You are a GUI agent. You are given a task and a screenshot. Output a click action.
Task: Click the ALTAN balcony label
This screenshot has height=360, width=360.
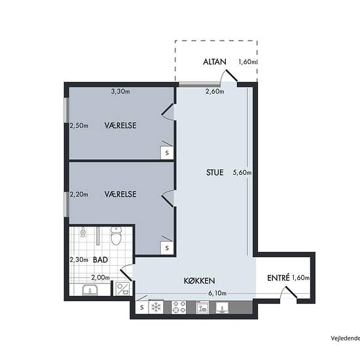click(x=215, y=62)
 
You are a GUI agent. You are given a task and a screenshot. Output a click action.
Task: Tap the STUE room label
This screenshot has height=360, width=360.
click(x=215, y=172)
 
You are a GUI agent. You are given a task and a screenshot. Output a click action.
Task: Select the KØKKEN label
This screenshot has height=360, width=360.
click(x=199, y=281)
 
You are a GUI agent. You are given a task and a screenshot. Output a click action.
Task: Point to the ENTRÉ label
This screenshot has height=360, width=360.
click(x=278, y=278)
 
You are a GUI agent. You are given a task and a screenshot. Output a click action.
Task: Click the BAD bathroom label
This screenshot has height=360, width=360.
click(x=100, y=260)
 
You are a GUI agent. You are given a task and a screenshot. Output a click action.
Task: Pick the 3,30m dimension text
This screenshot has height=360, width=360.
click(x=120, y=92)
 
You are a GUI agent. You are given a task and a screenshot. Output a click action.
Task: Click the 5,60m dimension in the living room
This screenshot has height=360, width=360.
click(x=242, y=172)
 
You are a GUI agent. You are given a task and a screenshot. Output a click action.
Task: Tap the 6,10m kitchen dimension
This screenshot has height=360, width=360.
click(x=217, y=293)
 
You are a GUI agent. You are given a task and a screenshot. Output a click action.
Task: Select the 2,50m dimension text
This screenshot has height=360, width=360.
click(x=79, y=126)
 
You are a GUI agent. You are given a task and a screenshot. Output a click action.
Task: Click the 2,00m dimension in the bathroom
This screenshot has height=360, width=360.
click(x=101, y=278)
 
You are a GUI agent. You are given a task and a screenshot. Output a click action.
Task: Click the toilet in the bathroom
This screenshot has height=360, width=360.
click(x=116, y=236)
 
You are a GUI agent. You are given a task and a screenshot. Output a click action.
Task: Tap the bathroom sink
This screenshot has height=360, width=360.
click(x=90, y=290)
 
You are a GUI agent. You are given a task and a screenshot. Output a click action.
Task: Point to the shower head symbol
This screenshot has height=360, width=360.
click(x=83, y=232)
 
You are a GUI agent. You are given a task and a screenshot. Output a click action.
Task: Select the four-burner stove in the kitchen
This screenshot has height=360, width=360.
click(x=179, y=307)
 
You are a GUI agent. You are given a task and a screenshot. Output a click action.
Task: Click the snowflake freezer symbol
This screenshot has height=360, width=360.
click(x=156, y=307)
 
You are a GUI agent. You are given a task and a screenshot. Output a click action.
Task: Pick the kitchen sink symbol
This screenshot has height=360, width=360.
click(x=222, y=308)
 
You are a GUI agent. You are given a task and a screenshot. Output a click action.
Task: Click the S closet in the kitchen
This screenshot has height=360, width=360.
click(x=142, y=307)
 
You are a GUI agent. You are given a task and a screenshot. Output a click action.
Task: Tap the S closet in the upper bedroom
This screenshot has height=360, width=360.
click(x=167, y=153)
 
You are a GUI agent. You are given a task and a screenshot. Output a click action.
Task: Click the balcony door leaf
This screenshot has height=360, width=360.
click(x=232, y=75)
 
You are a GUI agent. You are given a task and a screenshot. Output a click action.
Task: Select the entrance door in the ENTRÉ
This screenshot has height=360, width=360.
click(x=291, y=293)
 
